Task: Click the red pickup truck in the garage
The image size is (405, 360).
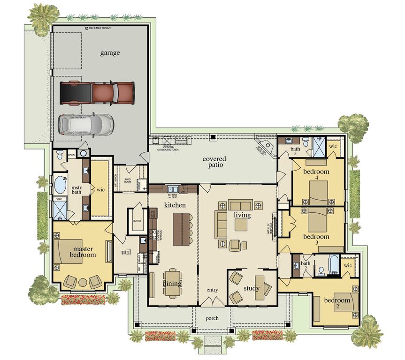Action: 98,92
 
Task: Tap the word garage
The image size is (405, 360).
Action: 110,53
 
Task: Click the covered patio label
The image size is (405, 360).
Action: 214,162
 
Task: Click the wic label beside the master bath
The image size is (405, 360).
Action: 100,190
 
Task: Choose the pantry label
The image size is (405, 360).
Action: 137,220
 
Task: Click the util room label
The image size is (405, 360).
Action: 125,252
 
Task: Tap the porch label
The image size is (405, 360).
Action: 213,318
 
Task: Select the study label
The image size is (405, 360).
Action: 252,288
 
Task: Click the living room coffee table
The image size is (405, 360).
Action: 241,225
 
